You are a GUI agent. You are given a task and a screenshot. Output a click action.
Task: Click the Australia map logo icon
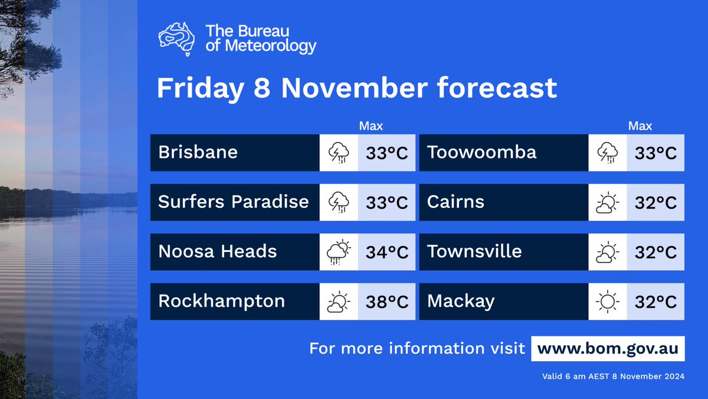(176, 38)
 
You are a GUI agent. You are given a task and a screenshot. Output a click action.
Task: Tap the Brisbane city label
(198, 153)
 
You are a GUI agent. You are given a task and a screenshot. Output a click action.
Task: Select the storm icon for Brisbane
(339, 153)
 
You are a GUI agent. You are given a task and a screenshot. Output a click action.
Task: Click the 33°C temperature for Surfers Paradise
(387, 203)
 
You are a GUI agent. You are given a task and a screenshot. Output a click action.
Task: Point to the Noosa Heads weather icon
(339, 252)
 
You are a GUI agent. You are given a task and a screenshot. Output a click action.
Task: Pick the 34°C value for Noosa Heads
(387, 252)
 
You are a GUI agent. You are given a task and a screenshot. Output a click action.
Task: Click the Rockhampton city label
(221, 301)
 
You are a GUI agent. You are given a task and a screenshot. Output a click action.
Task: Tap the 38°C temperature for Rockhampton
(387, 302)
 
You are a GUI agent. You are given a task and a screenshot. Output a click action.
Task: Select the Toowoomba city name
(481, 153)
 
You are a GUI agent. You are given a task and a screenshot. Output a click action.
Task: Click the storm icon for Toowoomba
(608, 153)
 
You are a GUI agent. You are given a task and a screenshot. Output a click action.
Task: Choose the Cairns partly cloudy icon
(608, 203)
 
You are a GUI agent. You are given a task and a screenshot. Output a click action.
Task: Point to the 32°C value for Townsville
(655, 252)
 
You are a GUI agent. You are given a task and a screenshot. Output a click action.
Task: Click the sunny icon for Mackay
(608, 302)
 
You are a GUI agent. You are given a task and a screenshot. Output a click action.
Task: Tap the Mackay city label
(460, 301)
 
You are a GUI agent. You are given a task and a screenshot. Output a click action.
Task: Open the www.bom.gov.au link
(608, 349)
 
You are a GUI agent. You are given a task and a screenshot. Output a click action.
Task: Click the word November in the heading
(355, 88)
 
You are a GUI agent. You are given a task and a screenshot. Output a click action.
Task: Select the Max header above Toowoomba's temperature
(640, 126)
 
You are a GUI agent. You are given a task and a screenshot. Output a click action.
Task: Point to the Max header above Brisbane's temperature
(371, 126)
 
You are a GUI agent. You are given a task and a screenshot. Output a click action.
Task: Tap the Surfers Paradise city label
(233, 202)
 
